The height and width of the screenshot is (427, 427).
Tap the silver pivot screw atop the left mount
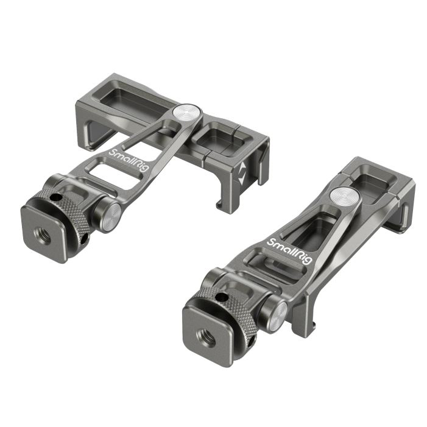(187, 112)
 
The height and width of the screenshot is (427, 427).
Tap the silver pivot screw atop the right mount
(345, 195)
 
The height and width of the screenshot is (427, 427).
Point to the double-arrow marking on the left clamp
(242, 173)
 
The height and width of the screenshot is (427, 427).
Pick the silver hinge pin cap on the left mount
(110, 216)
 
